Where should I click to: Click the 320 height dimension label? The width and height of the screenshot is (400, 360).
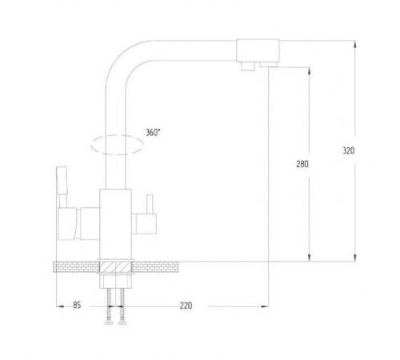point(349,150)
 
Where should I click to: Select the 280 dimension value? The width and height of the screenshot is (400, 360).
point(302,164)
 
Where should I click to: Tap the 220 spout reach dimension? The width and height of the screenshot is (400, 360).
point(186,306)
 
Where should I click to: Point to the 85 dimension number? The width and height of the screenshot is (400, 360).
point(77,305)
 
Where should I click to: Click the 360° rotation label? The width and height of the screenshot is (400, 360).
point(153,132)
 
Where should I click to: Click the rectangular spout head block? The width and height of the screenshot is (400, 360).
point(258,50)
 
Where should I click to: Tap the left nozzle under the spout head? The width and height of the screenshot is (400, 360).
point(248,66)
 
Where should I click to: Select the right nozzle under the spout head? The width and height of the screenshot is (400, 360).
point(269,64)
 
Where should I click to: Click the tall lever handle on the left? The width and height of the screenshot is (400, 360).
point(62,186)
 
